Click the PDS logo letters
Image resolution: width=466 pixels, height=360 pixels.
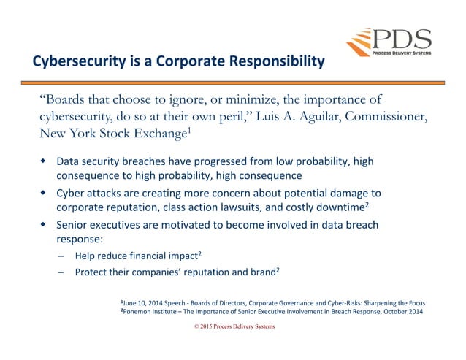pyautogui.click(x=402, y=38)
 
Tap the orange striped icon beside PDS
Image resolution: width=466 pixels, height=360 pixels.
pyautogui.click(x=359, y=41)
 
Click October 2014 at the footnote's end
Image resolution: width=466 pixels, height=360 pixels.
pyautogui.click(x=403, y=313)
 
